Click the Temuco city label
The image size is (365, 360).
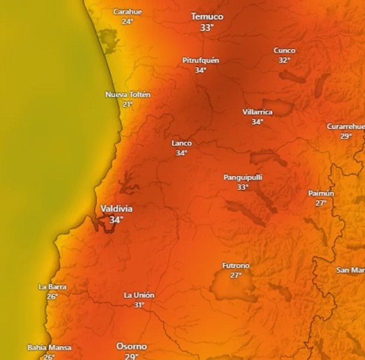click(206, 17)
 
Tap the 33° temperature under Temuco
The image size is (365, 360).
click(206, 27)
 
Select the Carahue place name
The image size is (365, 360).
click(128, 11)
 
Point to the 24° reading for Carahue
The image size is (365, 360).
click(127, 21)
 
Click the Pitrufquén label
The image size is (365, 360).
click(201, 60)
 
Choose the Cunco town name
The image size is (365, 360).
click(285, 50)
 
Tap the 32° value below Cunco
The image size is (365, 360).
click(285, 60)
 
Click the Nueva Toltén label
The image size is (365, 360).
click(128, 94)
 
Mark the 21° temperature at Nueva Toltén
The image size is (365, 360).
click(128, 104)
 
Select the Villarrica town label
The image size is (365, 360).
click(257, 112)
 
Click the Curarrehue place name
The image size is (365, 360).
click(345, 126)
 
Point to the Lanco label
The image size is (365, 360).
click(181, 143)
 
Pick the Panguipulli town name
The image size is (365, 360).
click(243, 177)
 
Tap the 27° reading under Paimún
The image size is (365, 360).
click(321, 203)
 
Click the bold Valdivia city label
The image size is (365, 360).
click(116, 209)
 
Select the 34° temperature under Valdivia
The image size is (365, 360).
click(116, 220)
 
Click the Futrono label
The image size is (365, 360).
click(236, 265)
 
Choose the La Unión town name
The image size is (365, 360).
click(139, 295)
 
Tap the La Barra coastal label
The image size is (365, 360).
click(52, 286)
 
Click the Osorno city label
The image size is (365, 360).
click(132, 346)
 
